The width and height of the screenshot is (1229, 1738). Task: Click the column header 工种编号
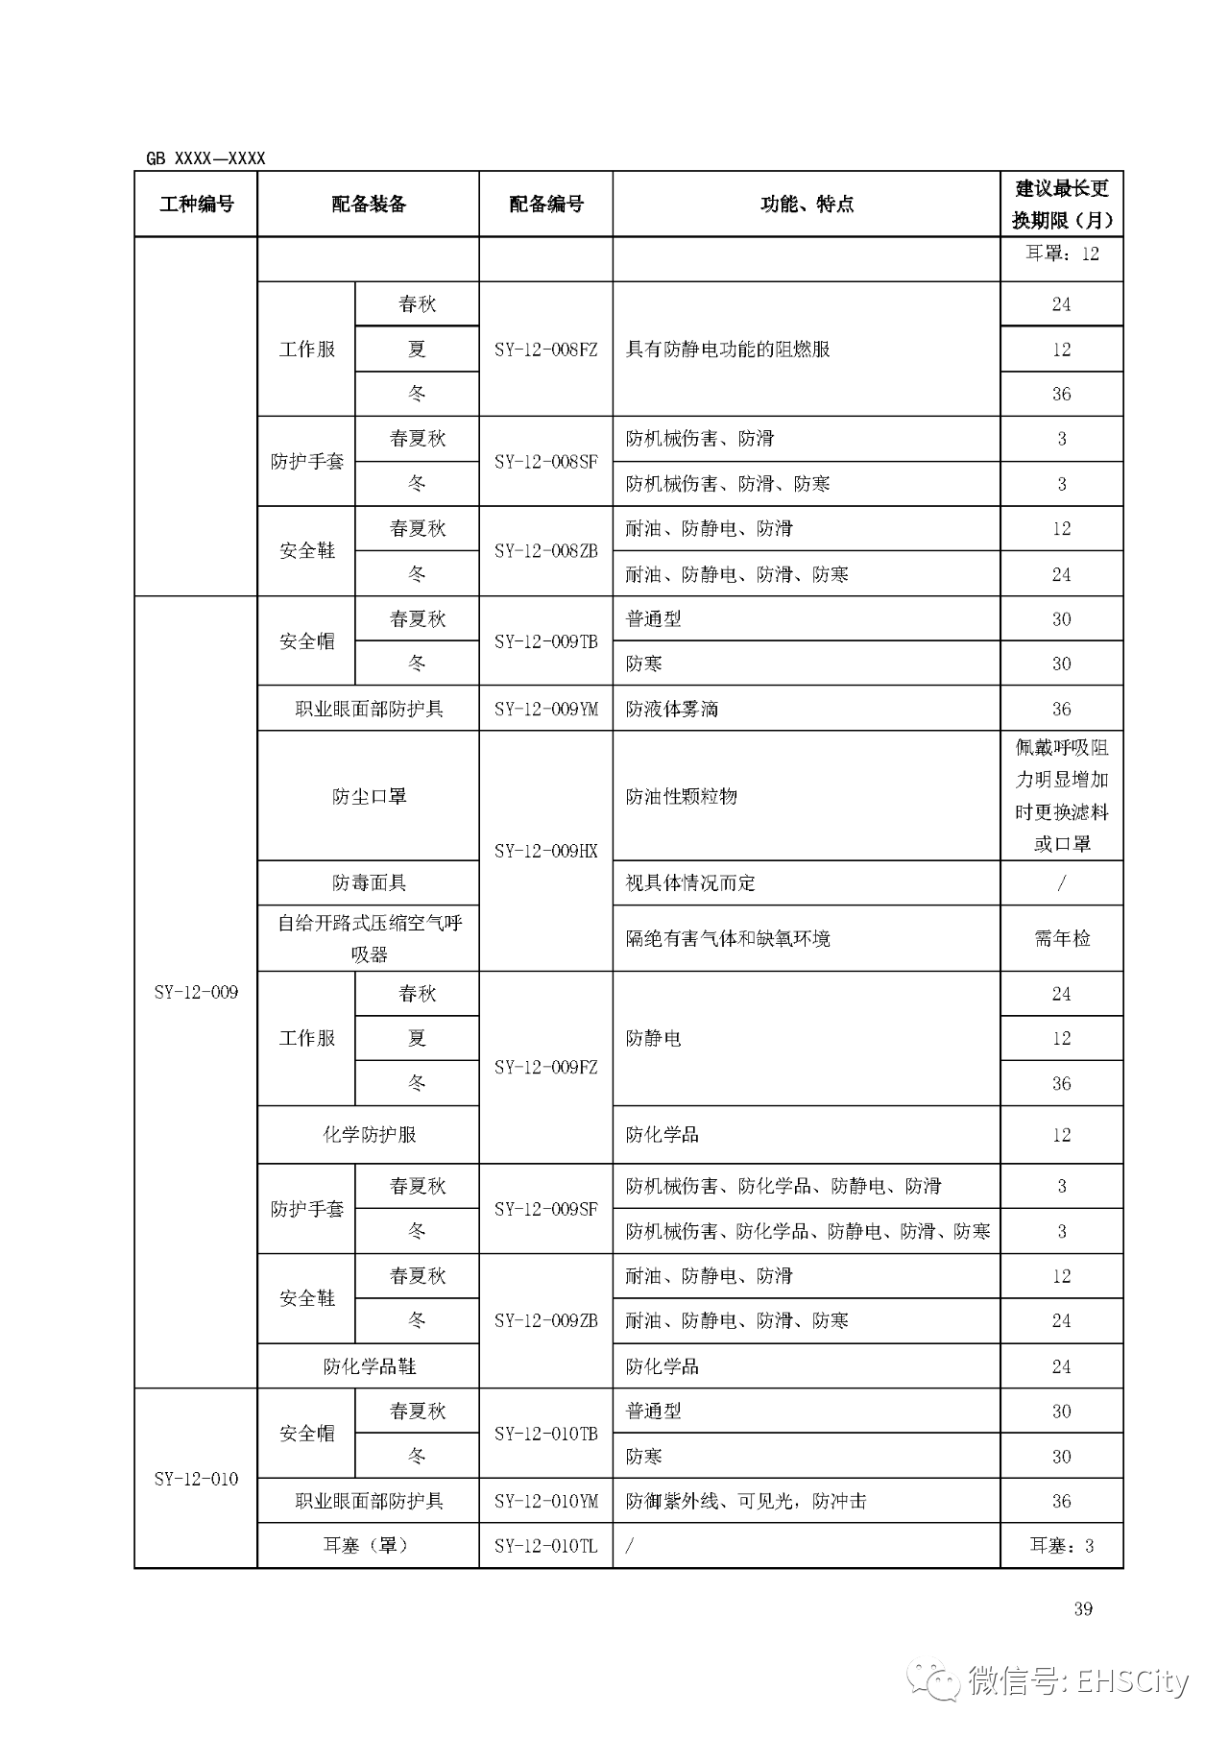(196, 204)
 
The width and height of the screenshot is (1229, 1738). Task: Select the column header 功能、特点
(807, 204)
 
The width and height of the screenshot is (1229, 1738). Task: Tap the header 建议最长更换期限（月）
(1061, 204)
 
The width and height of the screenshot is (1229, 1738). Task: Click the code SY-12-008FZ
(545, 350)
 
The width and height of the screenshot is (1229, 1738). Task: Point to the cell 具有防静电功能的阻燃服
(728, 350)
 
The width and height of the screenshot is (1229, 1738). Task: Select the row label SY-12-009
(196, 992)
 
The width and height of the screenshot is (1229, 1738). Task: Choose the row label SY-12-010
(196, 1479)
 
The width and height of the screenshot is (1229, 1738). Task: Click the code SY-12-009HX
(545, 851)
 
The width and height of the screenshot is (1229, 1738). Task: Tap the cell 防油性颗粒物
(682, 796)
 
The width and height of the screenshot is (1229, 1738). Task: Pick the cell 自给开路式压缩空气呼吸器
(369, 938)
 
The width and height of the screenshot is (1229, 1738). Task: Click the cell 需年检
(1061, 938)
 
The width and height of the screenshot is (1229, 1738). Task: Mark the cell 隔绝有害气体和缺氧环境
(728, 938)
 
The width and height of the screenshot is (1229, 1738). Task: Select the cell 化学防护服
(369, 1134)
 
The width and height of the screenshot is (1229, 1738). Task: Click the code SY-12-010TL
(545, 1546)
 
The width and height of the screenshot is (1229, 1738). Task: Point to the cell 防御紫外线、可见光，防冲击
(746, 1501)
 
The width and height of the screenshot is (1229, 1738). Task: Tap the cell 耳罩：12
(1061, 254)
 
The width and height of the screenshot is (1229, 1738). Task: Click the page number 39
(1083, 1609)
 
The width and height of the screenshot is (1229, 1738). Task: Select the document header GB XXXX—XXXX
(205, 158)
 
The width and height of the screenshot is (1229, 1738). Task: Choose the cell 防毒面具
(369, 882)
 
